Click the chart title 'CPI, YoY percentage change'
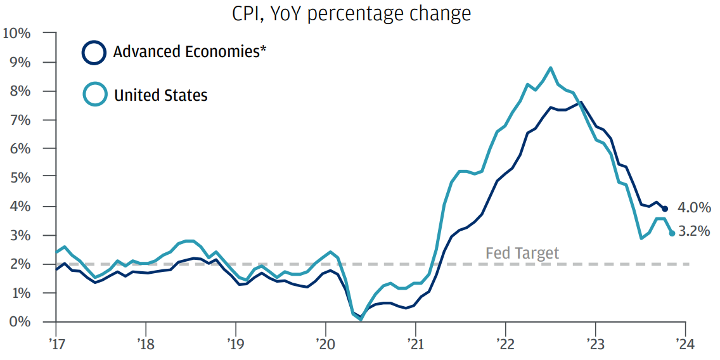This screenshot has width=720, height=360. pos(352,14)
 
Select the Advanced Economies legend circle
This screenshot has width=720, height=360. pos(94,53)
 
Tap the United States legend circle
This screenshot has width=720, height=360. pos(94,96)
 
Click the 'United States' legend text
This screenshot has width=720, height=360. pos(160,96)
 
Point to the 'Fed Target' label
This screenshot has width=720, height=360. pos(522,254)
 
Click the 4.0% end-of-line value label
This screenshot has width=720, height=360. pos(694,207)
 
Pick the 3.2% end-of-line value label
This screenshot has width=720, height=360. pos(694,231)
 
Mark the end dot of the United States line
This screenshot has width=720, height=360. pos(672,233)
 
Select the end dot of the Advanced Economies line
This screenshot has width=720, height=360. pos(665,209)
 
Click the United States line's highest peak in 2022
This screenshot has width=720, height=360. pos(550,68)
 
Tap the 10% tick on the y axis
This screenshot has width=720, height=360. pos(16,33)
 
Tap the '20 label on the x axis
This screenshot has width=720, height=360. pos(325,344)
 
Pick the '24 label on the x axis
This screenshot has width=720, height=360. pos(685,344)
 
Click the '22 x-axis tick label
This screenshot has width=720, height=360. pos(505,344)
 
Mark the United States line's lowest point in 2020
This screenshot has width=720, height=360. pos(361,319)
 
